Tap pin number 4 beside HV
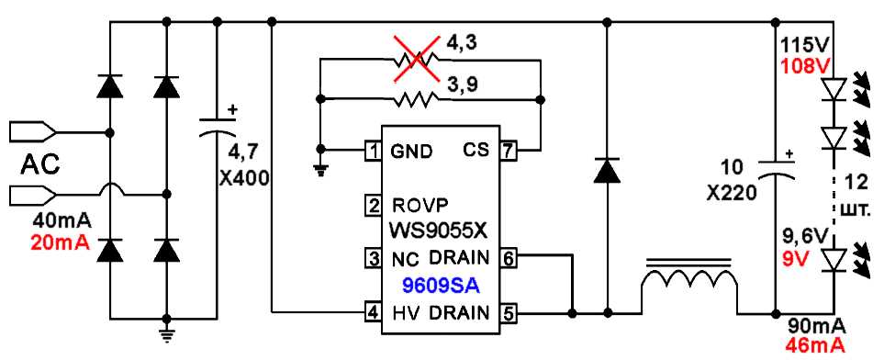(373, 311)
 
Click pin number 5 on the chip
(507, 312)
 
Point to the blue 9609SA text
(440, 285)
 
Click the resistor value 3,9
(464, 84)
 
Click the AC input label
(40, 165)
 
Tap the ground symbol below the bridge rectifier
(166, 332)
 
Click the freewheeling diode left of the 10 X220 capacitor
(605, 171)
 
